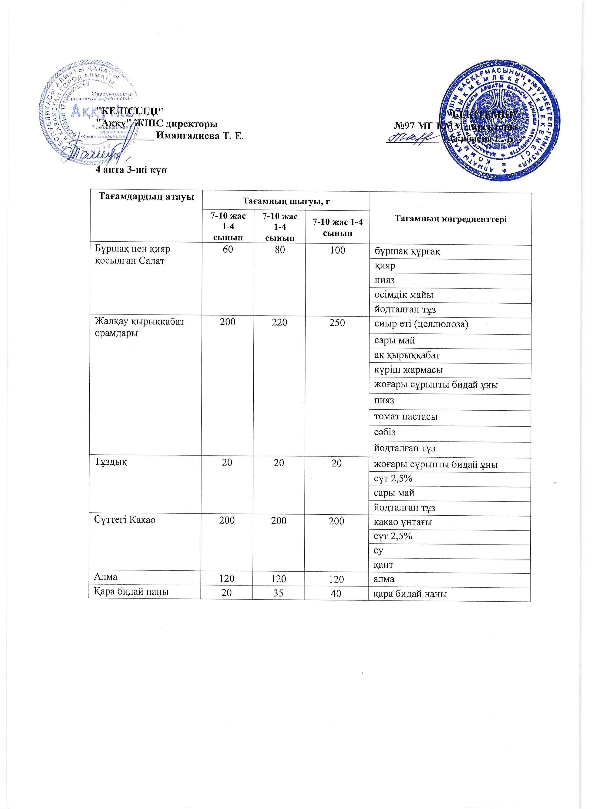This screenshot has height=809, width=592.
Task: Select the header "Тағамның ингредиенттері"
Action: pos(451,219)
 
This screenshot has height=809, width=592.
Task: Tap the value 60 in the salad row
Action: pos(228,250)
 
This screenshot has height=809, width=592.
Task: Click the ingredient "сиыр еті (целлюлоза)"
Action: pos(421,324)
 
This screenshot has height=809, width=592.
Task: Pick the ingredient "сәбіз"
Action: pos(385,432)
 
